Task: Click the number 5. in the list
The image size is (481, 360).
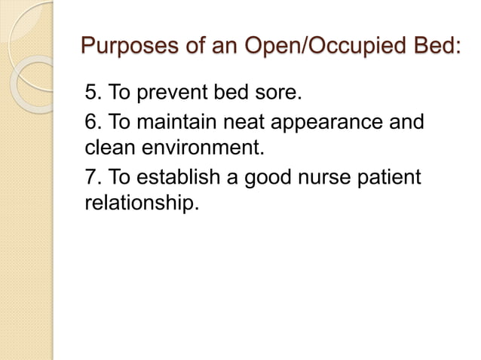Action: tap(93, 95)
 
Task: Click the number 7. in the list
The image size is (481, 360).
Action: tap(93, 178)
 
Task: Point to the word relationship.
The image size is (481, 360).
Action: tap(140, 203)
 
